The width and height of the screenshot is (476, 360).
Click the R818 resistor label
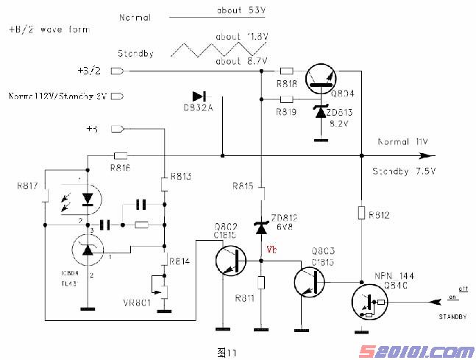tap(287, 84)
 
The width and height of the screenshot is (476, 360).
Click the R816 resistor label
tap(121, 167)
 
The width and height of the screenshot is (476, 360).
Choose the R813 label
tap(180, 177)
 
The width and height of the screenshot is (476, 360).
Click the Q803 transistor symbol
tap(310, 280)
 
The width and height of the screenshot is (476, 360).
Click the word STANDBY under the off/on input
tap(452, 316)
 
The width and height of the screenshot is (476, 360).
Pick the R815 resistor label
tap(244, 186)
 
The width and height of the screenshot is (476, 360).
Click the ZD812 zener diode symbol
tap(261, 227)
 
